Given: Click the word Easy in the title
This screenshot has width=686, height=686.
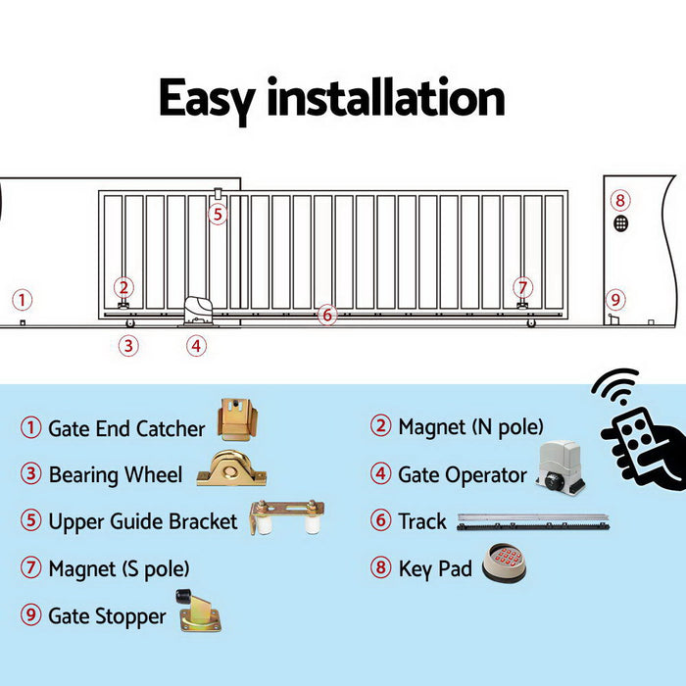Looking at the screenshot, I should [x=208, y=100].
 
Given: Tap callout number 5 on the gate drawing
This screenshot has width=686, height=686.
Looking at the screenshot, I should [x=217, y=214].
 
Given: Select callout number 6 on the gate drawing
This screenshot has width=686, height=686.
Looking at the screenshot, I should [x=327, y=315].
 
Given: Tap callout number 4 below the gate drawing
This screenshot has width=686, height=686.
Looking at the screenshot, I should [x=197, y=345].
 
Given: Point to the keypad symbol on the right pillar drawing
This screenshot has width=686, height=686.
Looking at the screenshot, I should [x=620, y=223].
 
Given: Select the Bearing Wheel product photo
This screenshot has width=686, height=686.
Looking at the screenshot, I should [x=231, y=469].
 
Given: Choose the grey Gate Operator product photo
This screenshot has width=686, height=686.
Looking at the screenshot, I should [x=561, y=466].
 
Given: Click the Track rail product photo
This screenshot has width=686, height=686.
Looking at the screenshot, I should [x=533, y=520].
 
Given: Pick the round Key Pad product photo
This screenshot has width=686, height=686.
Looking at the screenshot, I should [x=506, y=563].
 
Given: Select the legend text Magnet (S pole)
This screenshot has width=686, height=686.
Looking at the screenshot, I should [x=119, y=568].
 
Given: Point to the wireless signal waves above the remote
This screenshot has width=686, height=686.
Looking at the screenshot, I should [x=615, y=388].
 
